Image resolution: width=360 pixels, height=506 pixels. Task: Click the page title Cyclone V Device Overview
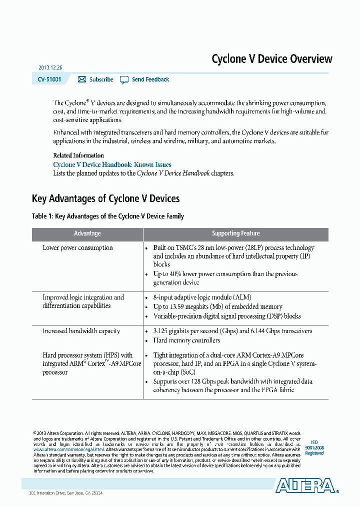[271, 59]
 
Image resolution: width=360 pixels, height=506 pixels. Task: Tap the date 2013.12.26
[50, 67]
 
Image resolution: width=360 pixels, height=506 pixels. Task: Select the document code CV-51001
[49, 79]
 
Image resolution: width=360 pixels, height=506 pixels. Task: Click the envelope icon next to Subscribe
[82, 79]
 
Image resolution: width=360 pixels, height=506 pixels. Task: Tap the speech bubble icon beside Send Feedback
[124, 79]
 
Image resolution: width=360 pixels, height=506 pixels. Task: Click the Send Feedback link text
[150, 79]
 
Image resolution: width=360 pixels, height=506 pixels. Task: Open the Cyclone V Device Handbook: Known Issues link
[112, 164]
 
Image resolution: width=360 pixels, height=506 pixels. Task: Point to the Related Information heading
[78, 155]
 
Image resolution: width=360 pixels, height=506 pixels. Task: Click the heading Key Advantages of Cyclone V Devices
[105, 198]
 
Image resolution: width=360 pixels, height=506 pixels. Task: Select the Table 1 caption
[107, 216]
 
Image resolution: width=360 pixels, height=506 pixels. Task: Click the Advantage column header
[87, 233]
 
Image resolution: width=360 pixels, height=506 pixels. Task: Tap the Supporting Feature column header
[235, 233]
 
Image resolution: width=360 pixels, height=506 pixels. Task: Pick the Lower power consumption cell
[77, 247]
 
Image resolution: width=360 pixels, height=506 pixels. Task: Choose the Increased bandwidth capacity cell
[81, 331]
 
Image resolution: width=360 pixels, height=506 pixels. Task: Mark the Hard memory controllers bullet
[186, 340]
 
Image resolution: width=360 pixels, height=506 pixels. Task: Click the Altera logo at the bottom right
[305, 485]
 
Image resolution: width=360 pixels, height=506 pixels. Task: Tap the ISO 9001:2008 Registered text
[314, 447]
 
